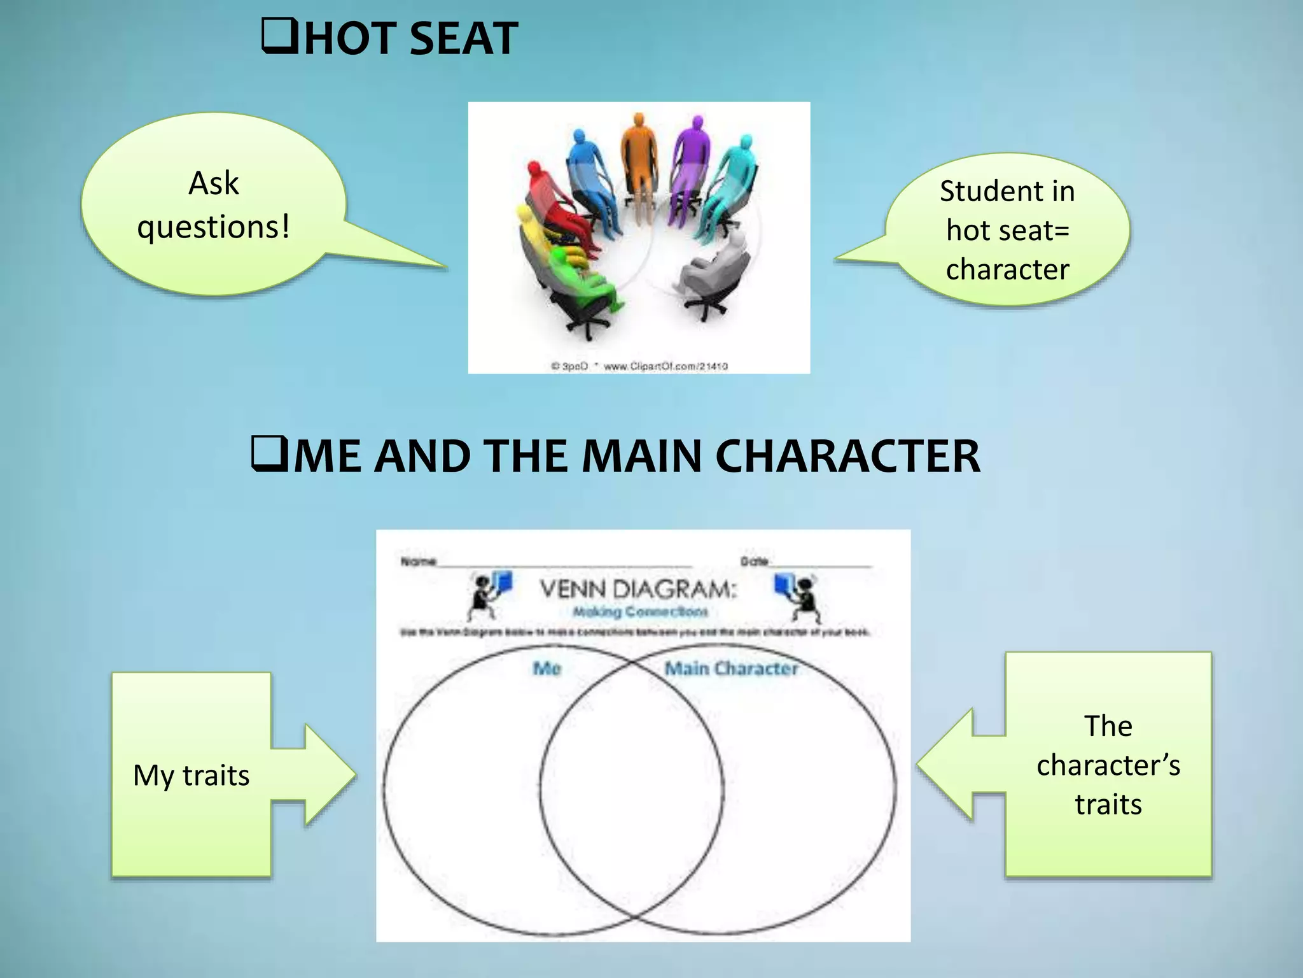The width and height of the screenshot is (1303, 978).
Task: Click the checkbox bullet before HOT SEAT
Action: (x=279, y=37)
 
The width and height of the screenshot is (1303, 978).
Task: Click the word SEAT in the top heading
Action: (x=463, y=39)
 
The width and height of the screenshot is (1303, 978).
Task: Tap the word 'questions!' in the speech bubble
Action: (x=214, y=227)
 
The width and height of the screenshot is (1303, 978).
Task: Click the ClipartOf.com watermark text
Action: (x=665, y=366)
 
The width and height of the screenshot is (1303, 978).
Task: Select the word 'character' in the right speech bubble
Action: (x=1007, y=269)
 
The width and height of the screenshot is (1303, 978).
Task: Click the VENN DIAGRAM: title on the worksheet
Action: (x=638, y=589)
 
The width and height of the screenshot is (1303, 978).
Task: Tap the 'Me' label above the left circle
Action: (x=547, y=668)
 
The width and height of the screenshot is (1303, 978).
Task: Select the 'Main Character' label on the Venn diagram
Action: (x=731, y=668)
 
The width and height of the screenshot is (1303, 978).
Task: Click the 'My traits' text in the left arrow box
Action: (x=191, y=776)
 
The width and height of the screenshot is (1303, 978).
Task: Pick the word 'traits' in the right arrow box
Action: (x=1108, y=804)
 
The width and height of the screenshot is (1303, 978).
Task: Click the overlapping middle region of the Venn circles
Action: (x=632, y=790)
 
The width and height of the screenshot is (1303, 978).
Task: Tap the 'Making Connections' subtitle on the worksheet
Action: (x=640, y=612)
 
